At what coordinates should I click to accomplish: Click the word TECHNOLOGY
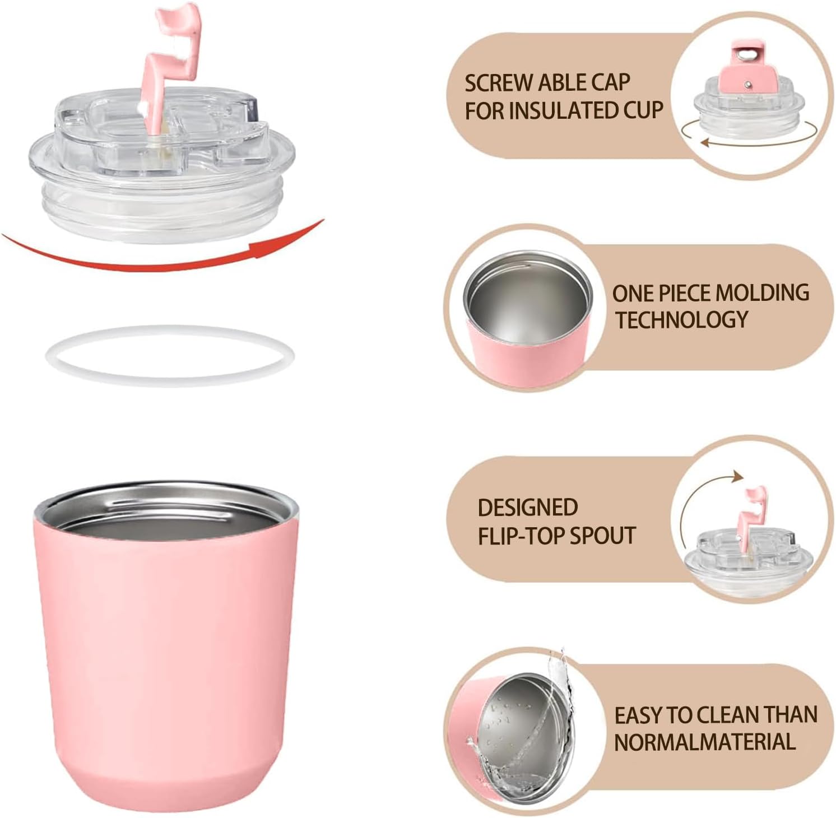[x=682, y=319]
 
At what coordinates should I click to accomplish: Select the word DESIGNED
[x=527, y=507]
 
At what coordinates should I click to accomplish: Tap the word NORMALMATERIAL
[x=705, y=742]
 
